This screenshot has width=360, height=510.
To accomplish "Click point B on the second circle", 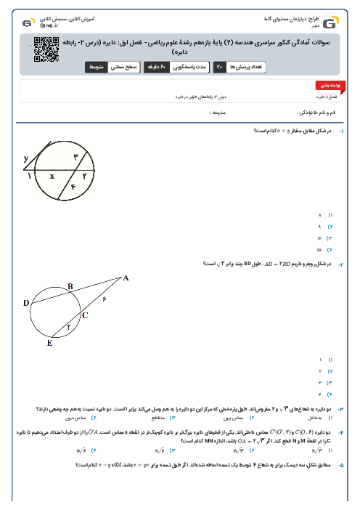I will coord(70,287).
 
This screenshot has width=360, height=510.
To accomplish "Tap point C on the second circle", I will coord(84,315).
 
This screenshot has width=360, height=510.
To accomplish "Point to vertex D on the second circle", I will coord(26,302).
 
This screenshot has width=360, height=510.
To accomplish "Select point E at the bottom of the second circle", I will coord(49,342).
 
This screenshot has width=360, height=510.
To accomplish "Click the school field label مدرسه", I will coord(220,113).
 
